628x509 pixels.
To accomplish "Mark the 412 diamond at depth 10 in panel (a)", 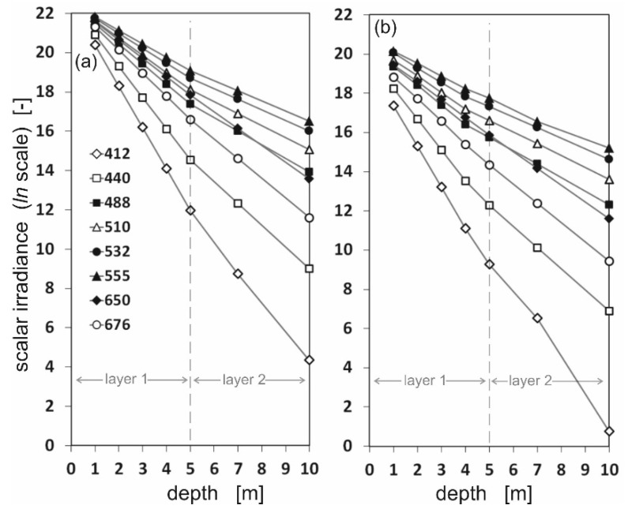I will tap(309, 360).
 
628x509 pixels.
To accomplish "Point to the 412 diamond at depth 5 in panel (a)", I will tap(190, 211).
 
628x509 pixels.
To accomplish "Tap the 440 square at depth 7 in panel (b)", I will tap(537, 248).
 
